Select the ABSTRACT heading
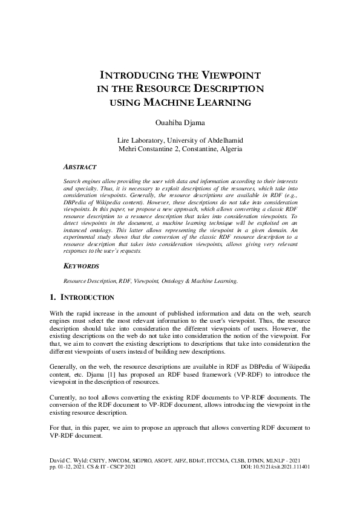pyautogui.click(x=80, y=166)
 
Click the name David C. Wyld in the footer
pyautogui.click(x=68, y=461)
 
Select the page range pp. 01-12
pyautogui.click(x=64, y=468)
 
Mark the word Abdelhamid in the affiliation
pyautogui.click(x=224, y=140)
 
